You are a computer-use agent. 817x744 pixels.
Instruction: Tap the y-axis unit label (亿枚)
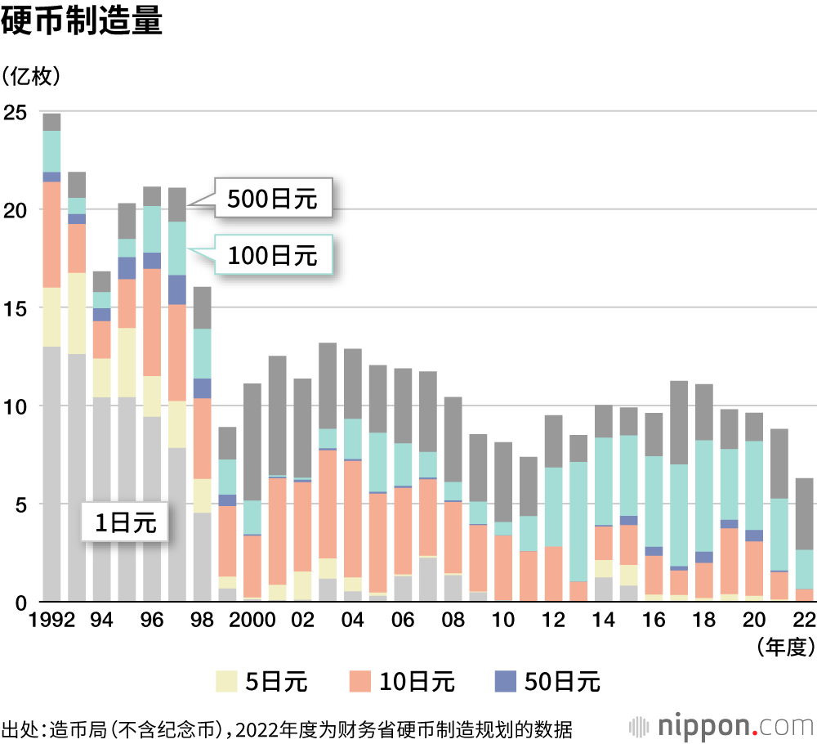click(x=32, y=76)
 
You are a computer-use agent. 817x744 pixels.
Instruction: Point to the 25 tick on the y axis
click(x=16, y=111)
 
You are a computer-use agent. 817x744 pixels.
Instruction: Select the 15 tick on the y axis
click(x=16, y=308)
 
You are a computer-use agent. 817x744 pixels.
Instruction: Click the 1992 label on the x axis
click(x=51, y=621)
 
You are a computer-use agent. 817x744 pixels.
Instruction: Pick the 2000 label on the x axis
click(x=250, y=621)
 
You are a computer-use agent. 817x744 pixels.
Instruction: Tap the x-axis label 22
click(x=804, y=621)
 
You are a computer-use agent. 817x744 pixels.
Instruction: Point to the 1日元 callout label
click(x=124, y=521)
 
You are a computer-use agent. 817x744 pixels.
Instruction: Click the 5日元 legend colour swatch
click(x=226, y=681)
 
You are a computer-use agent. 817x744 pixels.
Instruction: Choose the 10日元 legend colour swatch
click(x=360, y=681)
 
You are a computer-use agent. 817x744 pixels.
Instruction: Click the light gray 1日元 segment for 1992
click(x=52, y=474)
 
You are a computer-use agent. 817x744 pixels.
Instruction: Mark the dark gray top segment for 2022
click(x=804, y=513)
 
